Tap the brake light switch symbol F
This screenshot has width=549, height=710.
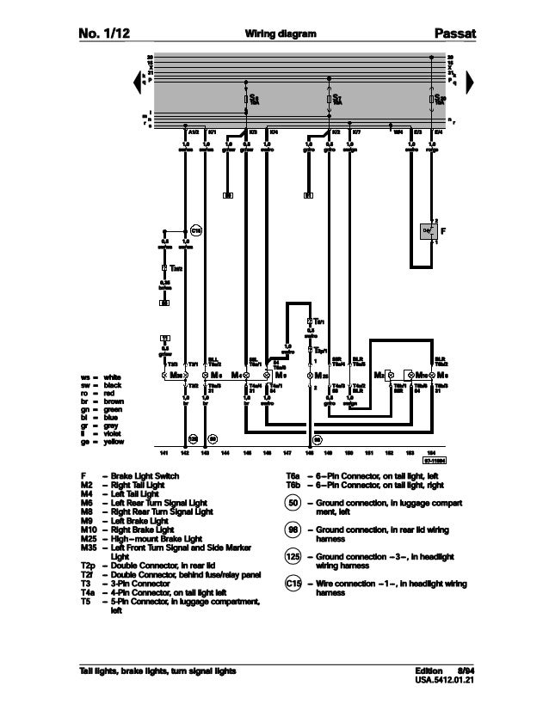coord(427,231)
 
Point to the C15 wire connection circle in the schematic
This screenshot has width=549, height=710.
coord(195,230)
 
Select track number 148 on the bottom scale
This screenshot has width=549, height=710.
coord(310,450)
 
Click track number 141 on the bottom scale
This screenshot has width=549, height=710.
coord(163,450)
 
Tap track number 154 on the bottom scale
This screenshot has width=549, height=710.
coord(432,450)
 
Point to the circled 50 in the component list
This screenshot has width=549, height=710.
coord(293,503)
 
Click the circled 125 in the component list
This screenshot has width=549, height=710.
coord(293,558)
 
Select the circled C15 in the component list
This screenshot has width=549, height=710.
coord(293,585)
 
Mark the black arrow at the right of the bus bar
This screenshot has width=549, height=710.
coord(468,80)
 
